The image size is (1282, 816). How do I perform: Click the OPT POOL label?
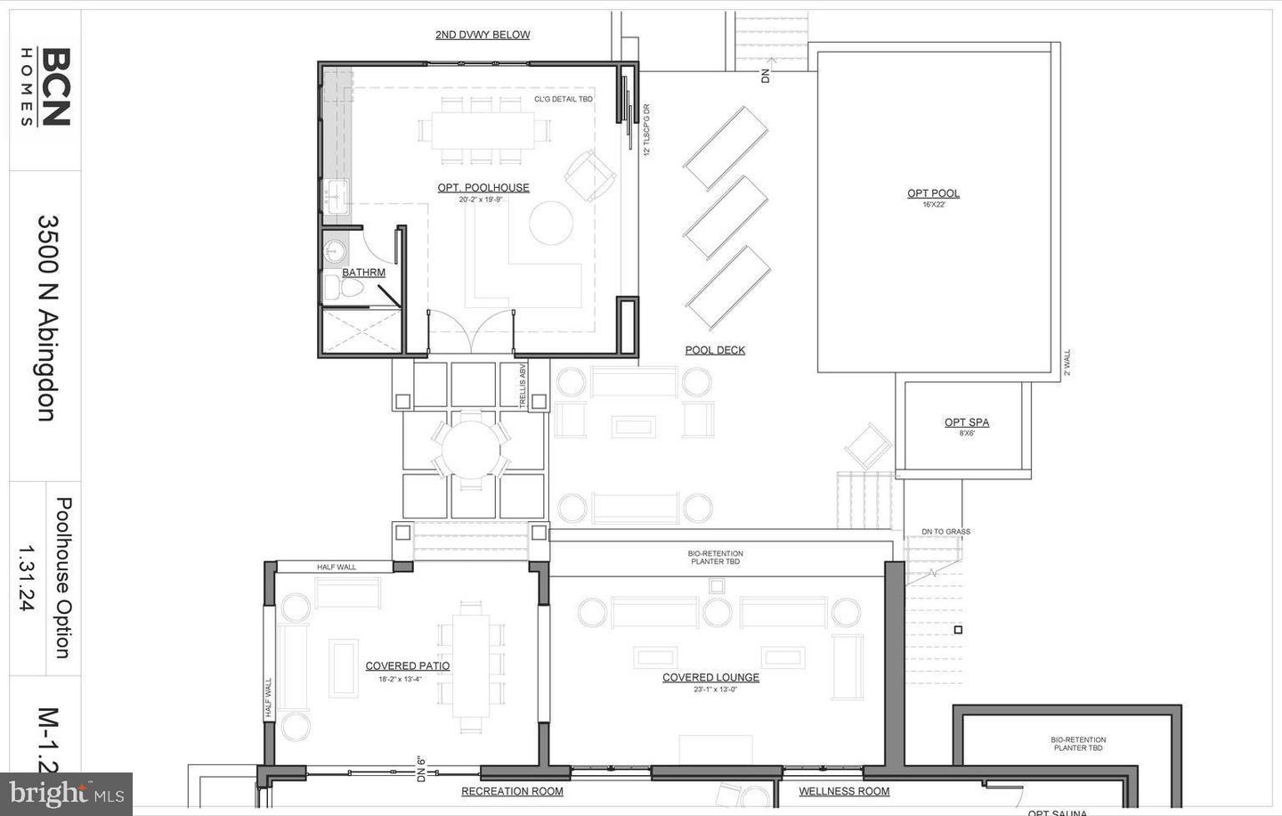click(933, 193)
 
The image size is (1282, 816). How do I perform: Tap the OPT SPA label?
click(966, 422)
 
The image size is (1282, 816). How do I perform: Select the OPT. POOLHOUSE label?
click(483, 188)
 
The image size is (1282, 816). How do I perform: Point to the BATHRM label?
click(363, 273)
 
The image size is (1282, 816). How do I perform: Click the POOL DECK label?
click(715, 350)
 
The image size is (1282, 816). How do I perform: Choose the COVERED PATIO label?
click(407, 665)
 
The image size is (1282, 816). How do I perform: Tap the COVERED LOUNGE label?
click(710, 678)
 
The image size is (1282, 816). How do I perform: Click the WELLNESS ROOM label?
click(844, 791)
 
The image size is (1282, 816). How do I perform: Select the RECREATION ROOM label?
click(512, 791)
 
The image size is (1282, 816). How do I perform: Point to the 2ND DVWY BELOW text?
click(483, 35)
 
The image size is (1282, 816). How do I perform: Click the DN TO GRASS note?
click(945, 532)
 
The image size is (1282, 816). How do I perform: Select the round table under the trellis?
click(472, 449)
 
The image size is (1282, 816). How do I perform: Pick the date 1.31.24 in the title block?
click(26, 576)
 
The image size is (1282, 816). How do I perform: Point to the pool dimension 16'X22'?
click(933, 205)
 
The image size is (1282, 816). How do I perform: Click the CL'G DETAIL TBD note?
click(563, 99)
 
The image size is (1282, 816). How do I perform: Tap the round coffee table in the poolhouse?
click(552, 224)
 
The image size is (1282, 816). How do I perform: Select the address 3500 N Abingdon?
click(46, 317)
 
